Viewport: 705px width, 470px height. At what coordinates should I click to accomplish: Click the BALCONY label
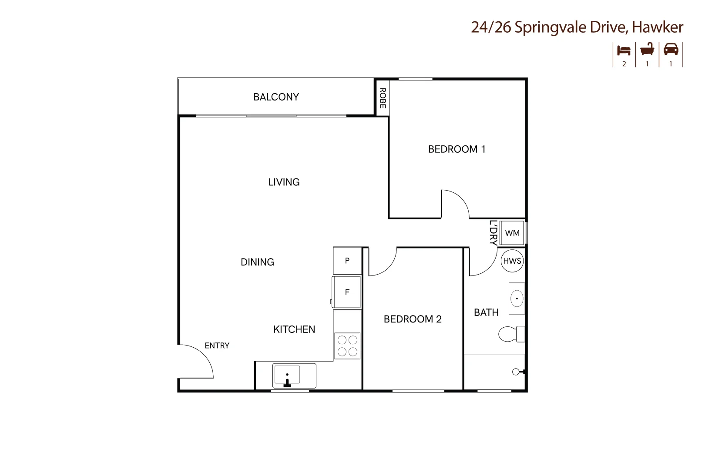[276, 97]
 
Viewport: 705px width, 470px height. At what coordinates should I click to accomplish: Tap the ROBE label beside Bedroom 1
[383, 98]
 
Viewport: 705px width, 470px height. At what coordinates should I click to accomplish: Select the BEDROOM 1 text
[457, 149]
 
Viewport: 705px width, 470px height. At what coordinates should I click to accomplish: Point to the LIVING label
[284, 182]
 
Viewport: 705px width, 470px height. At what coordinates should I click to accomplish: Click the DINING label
[257, 262]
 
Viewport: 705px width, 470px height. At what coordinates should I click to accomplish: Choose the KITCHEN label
[294, 329]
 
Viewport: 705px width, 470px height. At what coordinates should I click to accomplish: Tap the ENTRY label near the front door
[217, 346]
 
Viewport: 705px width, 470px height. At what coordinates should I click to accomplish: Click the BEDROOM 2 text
[413, 319]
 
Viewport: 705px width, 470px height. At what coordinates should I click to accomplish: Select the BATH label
[486, 312]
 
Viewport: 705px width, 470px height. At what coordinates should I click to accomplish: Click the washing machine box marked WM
[512, 233]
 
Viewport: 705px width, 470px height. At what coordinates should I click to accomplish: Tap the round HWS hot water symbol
[512, 261]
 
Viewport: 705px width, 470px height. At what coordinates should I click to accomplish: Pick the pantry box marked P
[347, 261]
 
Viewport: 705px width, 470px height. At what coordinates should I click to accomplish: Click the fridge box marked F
[347, 292]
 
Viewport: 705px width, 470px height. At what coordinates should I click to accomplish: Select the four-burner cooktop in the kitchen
[347, 346]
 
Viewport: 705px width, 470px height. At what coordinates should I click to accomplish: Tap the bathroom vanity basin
[517, 299]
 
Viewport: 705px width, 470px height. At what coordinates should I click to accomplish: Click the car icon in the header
[671, 49]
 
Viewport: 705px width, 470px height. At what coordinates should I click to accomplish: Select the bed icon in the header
[624, 50]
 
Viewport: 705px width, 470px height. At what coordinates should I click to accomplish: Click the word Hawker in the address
[657, 27]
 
